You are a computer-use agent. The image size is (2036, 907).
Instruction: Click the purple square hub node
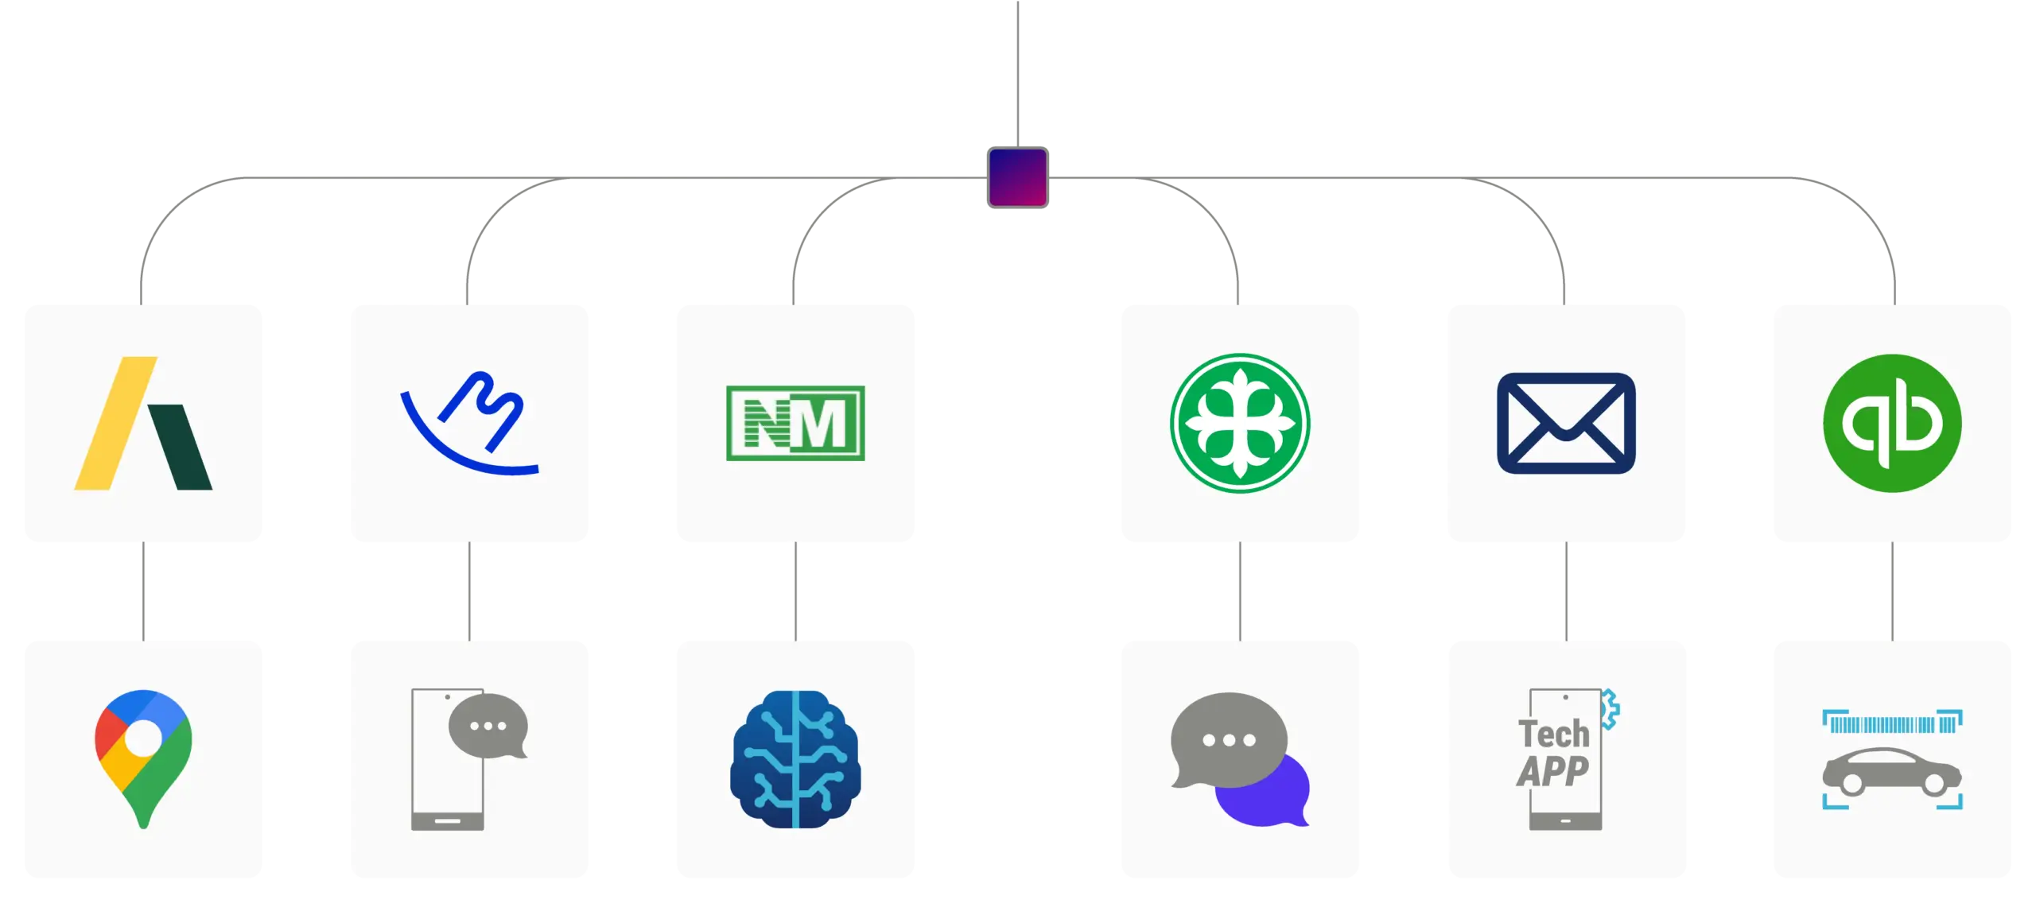(x=1017, y=177)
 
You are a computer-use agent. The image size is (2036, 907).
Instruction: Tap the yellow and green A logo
(x=143, y=423)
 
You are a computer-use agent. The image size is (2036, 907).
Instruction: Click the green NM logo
(x=795, y=423)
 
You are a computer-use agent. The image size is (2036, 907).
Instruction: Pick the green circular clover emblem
(x=1240, y=423)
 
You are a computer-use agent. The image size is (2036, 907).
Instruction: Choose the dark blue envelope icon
(x=1565, y=423)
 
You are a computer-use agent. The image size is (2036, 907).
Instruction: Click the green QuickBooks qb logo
(x=1892, y=423)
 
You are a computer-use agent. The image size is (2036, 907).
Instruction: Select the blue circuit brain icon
(x=795, y=759)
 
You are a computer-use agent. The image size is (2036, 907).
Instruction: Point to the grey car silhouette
(x=1891, y=771)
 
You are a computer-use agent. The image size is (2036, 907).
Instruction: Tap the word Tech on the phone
(x=1553, y=734)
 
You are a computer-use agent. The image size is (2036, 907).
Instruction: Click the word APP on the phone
(x=1552, y=770)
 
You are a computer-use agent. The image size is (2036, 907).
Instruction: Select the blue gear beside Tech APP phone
(x=1610, y=709)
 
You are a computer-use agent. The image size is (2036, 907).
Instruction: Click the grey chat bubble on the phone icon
(x=488, y=726)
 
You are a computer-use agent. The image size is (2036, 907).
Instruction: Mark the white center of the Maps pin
(x=143, y=738)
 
